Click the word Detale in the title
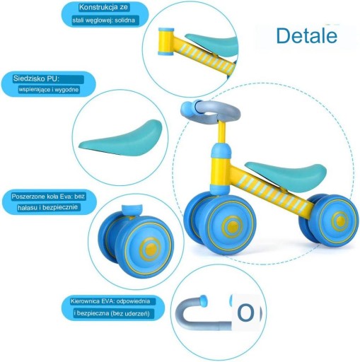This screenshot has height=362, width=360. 307,35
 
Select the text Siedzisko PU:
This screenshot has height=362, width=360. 36,78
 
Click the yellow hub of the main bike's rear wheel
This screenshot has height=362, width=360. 339,221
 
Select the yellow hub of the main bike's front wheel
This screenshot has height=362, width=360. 232,226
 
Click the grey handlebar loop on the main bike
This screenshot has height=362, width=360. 219,110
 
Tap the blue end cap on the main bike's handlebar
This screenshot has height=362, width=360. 187,107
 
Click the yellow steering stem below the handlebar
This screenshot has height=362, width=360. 221,133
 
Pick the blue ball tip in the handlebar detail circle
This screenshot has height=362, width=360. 203,300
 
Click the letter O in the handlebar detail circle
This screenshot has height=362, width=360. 246,313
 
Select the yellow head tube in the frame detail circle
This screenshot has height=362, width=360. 166,42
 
